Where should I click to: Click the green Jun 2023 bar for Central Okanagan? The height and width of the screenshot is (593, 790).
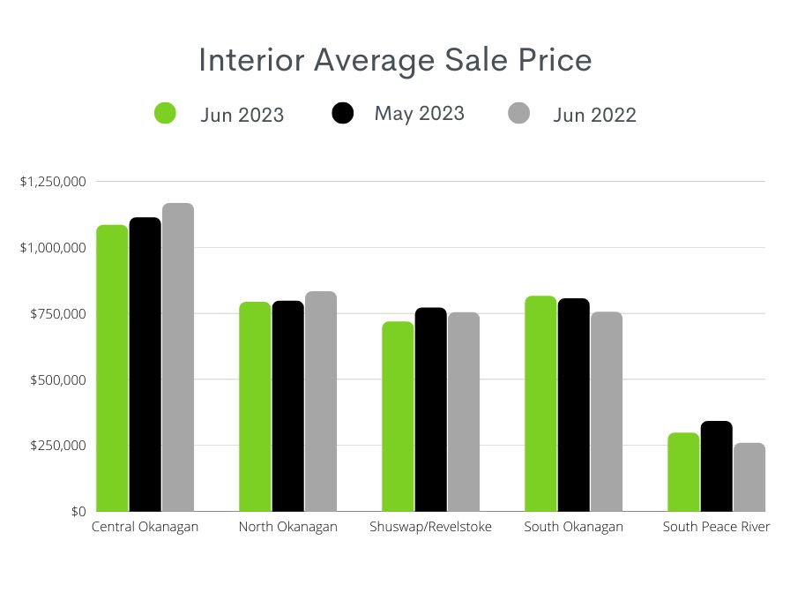click(x=112, y=368)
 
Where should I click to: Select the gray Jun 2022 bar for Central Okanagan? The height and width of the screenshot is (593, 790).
click(x=177, y=357)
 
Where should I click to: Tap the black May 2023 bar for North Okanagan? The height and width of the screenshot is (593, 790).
click(x=287, y=406)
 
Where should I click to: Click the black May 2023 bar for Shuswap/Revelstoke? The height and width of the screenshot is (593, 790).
click(x=430, y=409)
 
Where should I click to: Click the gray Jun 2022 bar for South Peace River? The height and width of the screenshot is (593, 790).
click(x=749, y=477)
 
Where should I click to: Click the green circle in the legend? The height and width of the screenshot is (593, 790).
click(x=165, y=114)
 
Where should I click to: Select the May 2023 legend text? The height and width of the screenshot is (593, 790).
click(x=419, y=113)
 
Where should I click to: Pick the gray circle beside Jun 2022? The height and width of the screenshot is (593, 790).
click(x=520, y=114)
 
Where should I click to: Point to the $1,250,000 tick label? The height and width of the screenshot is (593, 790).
click(x=53, y=182)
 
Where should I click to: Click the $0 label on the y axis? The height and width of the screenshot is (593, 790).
click(x=78, y=512)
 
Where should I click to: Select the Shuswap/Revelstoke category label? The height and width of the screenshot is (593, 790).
click(x=431, y=527)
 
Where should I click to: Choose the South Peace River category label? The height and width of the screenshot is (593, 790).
click(x=716, y=527)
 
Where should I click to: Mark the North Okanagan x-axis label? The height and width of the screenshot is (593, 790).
click(x=287, y=527)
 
